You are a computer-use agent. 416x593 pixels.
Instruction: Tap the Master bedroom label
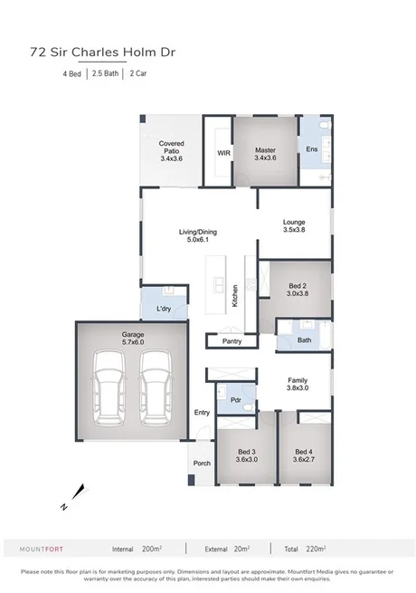(x=264, y=151)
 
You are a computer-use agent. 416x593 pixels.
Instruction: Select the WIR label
(x=224, y=153)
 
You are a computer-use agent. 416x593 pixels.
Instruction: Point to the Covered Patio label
(x=172, y=151)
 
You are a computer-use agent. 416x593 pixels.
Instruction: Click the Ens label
(x=311, y=149)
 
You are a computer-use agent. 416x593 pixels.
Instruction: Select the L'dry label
(x=164, y=310)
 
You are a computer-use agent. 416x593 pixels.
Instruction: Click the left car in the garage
(x=111, y=389)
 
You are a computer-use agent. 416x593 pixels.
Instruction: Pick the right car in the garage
(x=155, y=389)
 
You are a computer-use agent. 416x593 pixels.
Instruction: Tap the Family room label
(x=298, y=384)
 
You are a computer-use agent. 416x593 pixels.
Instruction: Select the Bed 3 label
(x=247, y=455)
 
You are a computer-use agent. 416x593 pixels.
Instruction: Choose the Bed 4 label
(x=303, y=455)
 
